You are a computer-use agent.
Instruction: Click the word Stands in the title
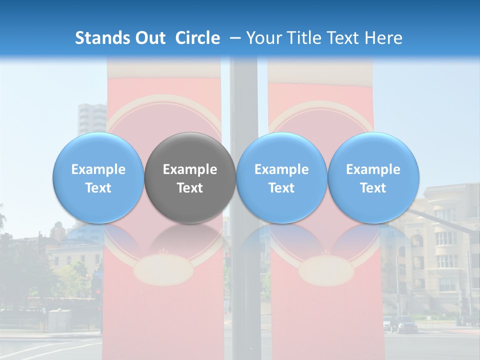(103, 38)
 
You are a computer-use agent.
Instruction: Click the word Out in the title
(150, 38)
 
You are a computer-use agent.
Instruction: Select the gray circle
(190, 177)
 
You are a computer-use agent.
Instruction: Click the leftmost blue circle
(98, 177)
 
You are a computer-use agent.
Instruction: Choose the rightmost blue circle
(373, 177)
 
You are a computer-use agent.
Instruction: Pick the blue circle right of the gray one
(281, 177)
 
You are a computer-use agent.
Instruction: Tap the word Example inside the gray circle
(190, 169)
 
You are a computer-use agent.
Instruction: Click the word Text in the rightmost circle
(373, 188)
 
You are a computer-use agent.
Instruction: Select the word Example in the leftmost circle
(98, 169)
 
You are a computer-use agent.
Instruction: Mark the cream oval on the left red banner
(163, 271)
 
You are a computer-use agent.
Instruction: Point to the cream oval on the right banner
(322, 271)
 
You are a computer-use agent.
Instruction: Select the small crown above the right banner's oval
(322, 252)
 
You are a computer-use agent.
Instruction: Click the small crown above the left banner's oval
(162, 251)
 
